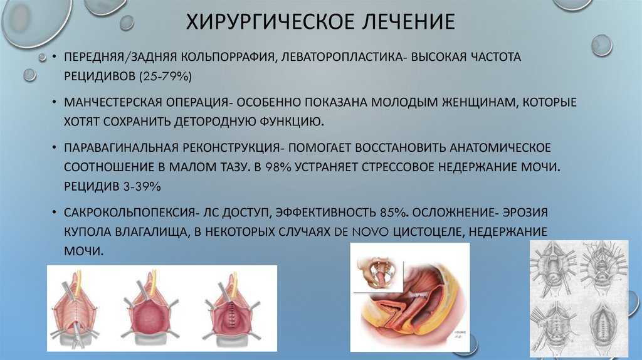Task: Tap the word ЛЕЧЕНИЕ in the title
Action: click(409, 22)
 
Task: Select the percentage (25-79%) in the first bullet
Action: click(166, 76)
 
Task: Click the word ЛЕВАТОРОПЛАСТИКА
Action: click(342, 56)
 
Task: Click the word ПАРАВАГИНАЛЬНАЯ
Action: click(120, 147)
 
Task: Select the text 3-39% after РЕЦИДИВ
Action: click(142, 187)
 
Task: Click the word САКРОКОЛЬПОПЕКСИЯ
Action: click(129, 213)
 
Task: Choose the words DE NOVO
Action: click(362, 232)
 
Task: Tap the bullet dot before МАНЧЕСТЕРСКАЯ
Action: click(54, 102)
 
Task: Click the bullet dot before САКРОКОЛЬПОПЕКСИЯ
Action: click(54, 213)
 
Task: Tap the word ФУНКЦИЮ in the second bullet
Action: click(292, 122)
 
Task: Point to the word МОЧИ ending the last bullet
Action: click(83, 251)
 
